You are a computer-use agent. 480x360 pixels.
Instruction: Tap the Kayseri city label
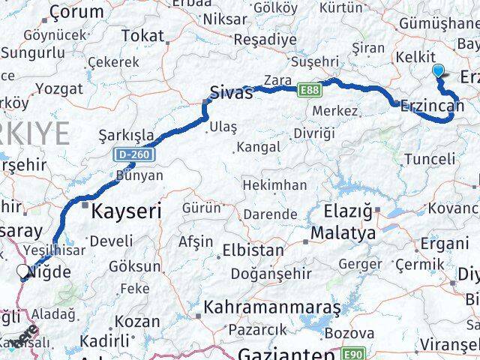125,211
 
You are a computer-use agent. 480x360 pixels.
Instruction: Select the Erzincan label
434,106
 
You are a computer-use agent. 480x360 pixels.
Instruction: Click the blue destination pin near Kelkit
439,72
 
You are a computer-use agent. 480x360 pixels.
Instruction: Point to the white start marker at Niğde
27,273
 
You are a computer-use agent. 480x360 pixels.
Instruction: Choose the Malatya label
345,234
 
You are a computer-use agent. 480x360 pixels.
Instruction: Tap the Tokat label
142,35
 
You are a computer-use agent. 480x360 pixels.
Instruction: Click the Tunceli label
429,158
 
